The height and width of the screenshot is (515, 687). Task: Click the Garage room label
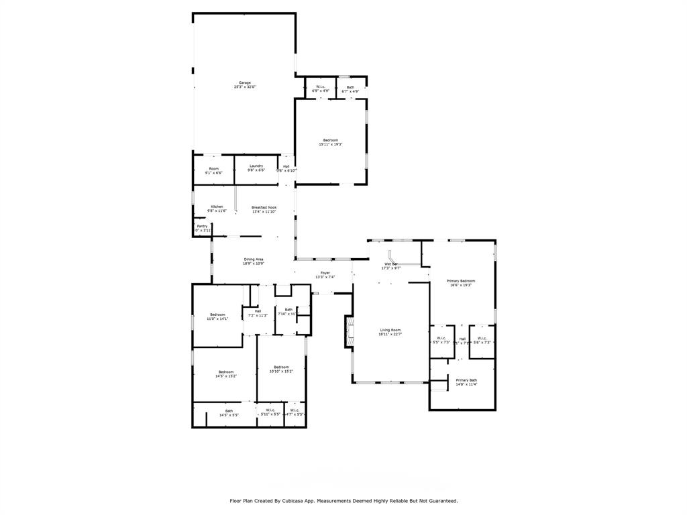[245, 83]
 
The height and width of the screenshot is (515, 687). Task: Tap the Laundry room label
[256, 166]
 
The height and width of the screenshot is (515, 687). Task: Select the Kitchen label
[217, 207]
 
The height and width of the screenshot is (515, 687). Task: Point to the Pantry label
[202, 227]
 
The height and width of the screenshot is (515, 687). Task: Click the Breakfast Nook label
[264, 208]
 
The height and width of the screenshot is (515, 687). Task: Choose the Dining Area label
[253, 260]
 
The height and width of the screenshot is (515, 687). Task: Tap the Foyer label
[325, 273]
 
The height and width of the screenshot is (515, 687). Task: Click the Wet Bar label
[390, 264]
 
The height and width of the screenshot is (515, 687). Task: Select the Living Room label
[390, 330]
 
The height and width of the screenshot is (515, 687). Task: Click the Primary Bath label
[466, 380]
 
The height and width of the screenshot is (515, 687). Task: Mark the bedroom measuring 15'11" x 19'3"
[331, 140]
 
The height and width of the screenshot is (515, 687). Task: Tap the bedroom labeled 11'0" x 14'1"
[217, 314]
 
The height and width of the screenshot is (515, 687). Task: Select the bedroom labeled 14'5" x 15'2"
[225, 372]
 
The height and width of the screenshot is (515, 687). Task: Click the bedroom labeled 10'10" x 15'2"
[281, 367]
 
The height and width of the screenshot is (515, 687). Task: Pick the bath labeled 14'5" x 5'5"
[229, 411]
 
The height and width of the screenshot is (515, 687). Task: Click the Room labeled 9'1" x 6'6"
[213, 169]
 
